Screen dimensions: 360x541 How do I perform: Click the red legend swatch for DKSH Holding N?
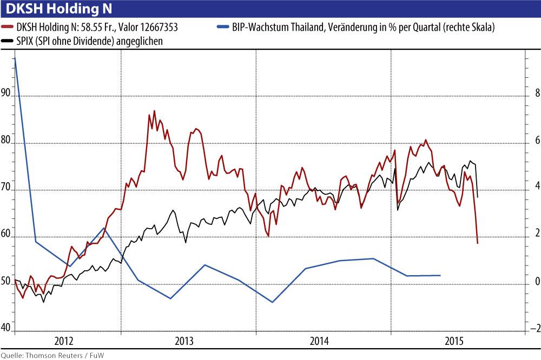[8, 26]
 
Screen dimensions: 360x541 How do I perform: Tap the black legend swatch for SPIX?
[8, 41]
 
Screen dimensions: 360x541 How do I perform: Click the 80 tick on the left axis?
[6, 140]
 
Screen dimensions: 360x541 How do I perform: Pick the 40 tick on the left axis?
[6, 328]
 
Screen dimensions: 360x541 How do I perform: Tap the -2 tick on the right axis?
[535, 328]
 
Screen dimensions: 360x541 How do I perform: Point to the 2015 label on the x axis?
[453, 341]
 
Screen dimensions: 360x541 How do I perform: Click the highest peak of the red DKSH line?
[154, 111]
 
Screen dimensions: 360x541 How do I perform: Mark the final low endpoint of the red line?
[477, 243]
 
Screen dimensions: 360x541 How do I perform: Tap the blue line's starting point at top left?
[15, 57]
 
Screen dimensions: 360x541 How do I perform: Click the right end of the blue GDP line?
[440, 275]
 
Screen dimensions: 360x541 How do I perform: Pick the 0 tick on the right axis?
[537, 281]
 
